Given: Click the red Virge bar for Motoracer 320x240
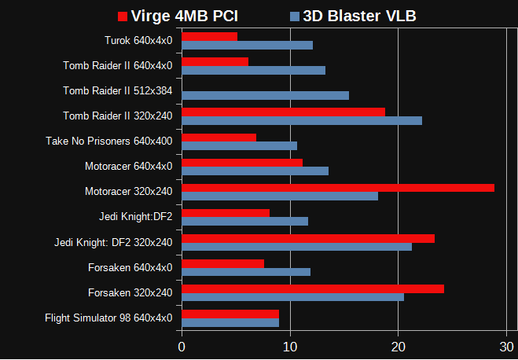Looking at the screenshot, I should click(x=338, y=188).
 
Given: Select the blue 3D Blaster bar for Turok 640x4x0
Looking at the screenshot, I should click(x=247, y=45).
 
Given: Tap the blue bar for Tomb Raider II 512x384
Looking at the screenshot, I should click(x=265, y=95).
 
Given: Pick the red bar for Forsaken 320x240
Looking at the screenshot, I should click(x=313, y=288).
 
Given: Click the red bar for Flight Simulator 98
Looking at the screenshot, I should click(x=230, y=314).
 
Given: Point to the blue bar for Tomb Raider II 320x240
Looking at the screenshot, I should click(x=302, y=120).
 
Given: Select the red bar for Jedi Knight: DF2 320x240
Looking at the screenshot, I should click(x=308, y=238).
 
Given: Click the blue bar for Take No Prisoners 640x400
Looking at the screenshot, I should click(x=239, y=145).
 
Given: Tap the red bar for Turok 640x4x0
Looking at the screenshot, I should click(x=209, y=36).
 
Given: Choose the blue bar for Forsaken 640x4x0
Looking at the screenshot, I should click(x=246, y=272).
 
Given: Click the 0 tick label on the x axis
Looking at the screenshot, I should click(x=182, y=347).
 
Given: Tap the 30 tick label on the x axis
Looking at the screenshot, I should click(x=507, y=347).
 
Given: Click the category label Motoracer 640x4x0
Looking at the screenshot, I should click(x=128, y=166).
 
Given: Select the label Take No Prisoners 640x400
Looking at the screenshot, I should click(x=109, y=141).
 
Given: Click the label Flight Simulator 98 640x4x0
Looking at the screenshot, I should click(x=108, y=318).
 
